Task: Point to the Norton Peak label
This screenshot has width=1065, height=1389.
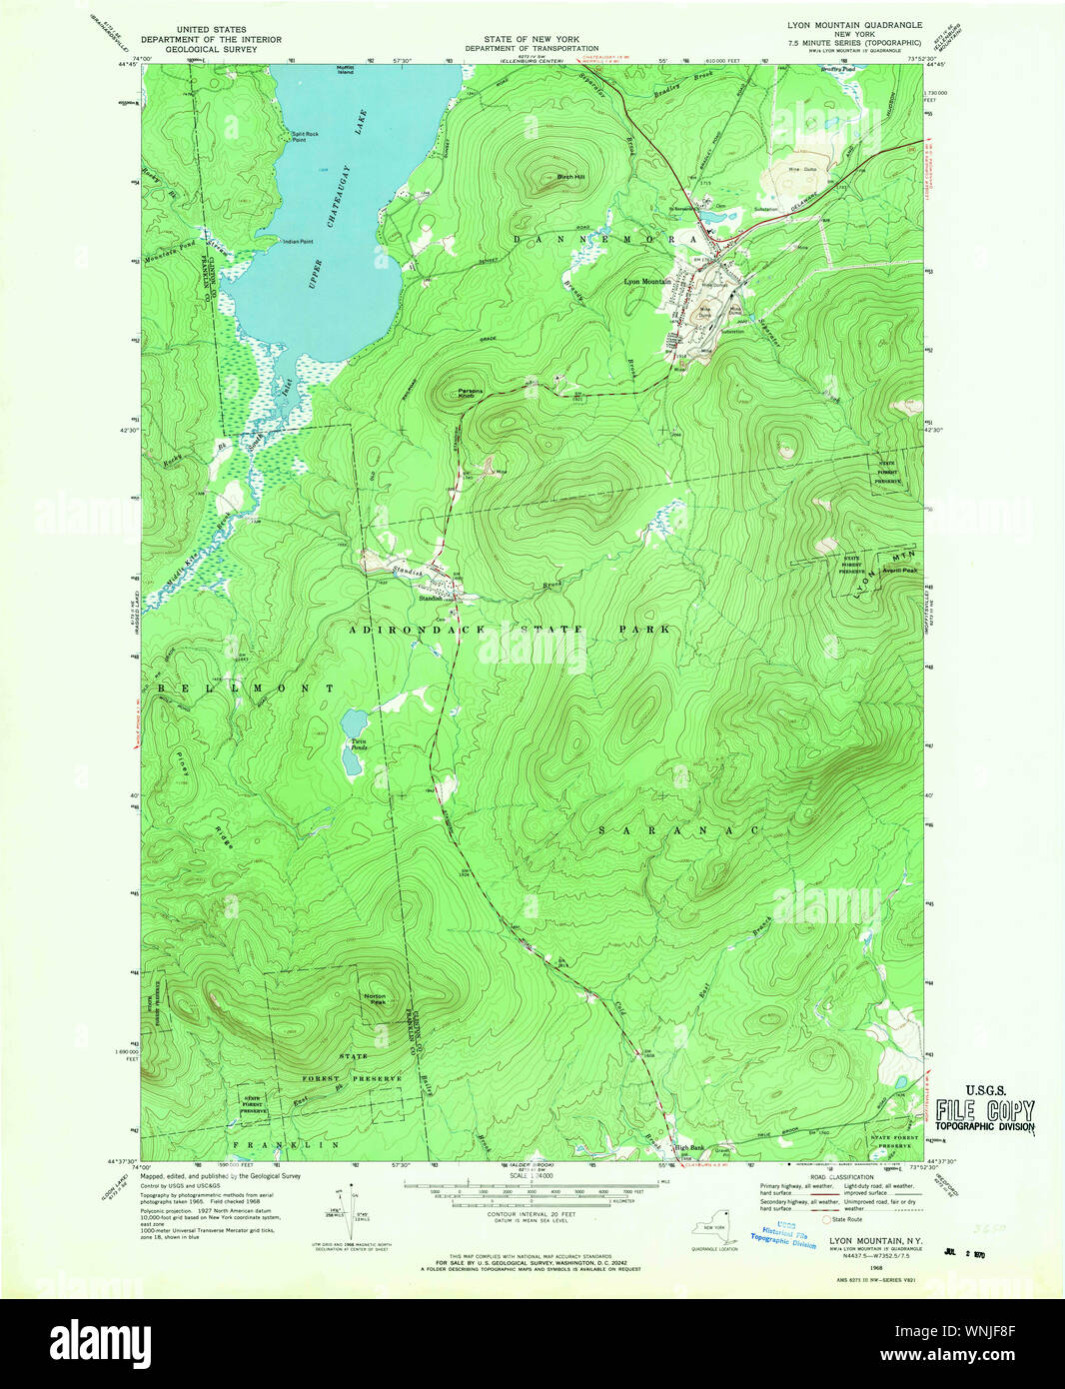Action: (375, 998)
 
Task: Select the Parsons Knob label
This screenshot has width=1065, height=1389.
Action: (471, 394)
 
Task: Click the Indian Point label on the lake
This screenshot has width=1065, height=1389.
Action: (298, 241)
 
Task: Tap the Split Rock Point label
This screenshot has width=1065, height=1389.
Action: (305, 137)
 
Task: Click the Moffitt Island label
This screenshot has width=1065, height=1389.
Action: (345, 70)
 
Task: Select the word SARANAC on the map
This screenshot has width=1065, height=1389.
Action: (678, 830)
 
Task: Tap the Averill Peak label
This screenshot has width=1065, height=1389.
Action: (899, 570)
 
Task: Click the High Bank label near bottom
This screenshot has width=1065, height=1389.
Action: (689, 1147)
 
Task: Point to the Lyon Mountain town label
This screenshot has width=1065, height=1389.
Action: (647, 282)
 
